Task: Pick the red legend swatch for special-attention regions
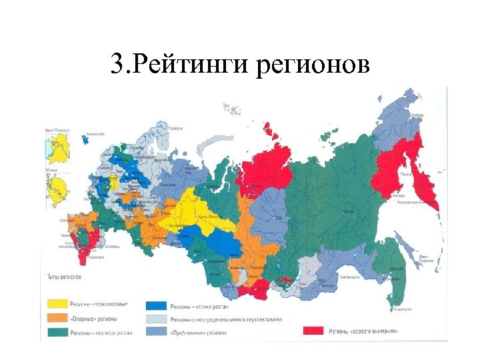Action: click(317, 331)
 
